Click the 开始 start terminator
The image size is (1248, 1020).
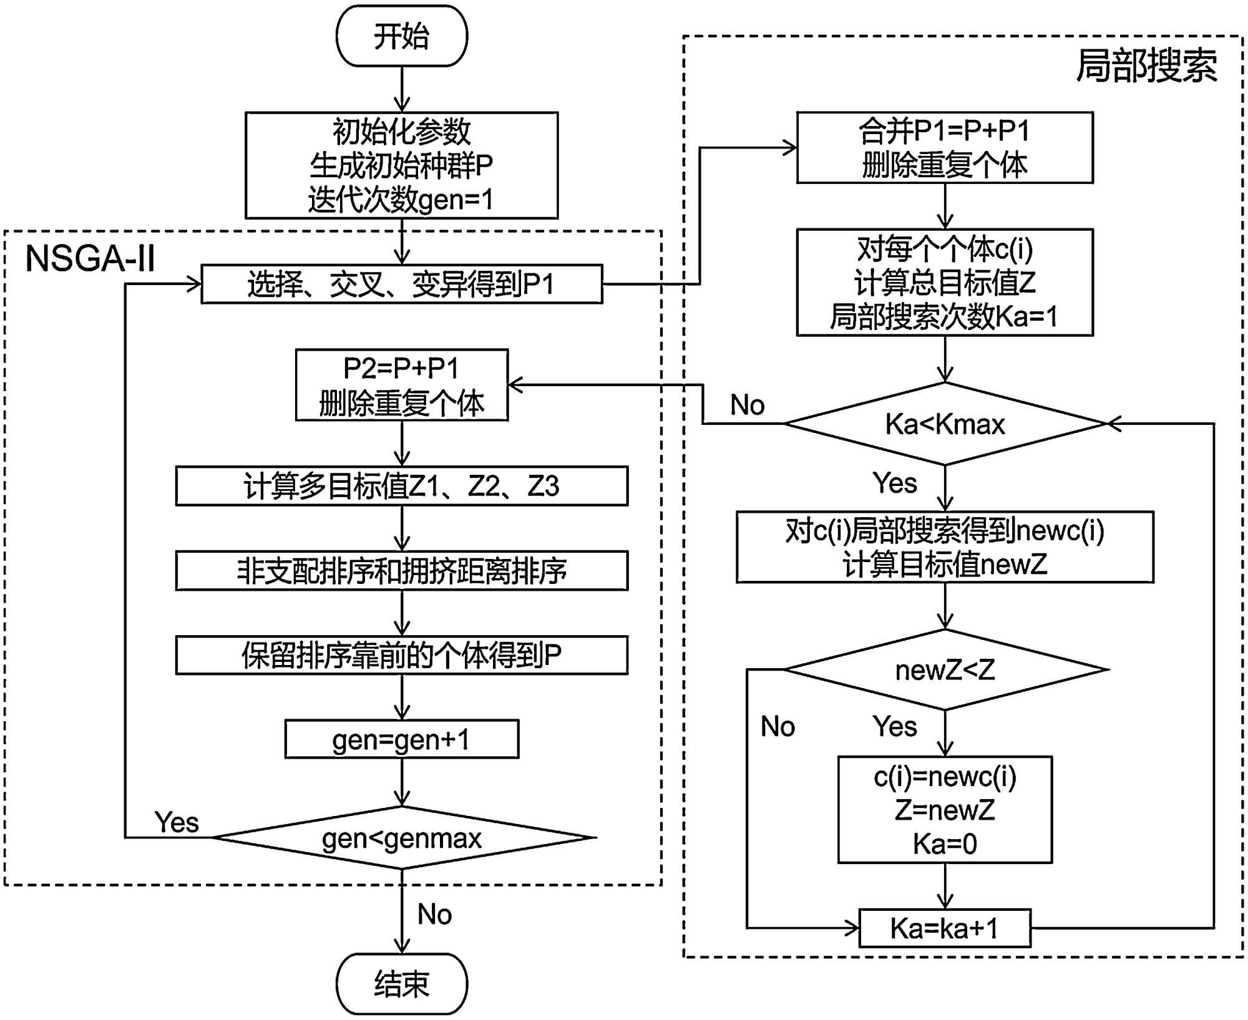point(402,36)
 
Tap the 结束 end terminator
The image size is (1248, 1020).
point(402,984)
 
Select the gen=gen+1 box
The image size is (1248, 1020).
point(402,740)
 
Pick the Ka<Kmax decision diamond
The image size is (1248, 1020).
point(945,424)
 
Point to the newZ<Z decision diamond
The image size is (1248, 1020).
point(945,670)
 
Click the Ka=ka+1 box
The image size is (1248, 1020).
point(945,928)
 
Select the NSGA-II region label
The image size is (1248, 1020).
point(90,258)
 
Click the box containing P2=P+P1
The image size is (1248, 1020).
point(402,385)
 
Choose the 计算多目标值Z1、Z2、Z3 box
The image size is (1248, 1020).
point(402,486)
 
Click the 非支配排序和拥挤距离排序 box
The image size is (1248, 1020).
point(402,571)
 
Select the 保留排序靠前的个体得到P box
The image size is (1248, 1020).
point(402,655)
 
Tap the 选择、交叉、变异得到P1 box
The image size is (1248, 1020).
point(402,284)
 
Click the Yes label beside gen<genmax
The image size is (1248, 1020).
point(177,822)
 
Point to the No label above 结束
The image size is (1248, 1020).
point(435,915)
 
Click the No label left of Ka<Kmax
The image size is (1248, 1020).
point(748,406)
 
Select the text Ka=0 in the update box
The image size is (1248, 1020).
point(945,844)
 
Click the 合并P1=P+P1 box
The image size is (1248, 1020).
point(945,148)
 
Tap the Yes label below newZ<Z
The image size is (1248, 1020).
point(895,727)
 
